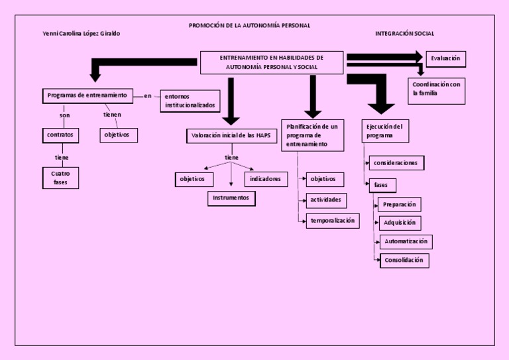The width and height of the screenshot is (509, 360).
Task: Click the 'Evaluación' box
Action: click(x=445, y=59)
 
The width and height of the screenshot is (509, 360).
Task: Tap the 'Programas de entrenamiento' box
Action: click(x=87, y=95)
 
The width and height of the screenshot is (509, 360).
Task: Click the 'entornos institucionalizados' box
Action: click(x=190, y=101)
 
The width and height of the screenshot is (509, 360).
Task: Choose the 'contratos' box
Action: click(x=60, y=135)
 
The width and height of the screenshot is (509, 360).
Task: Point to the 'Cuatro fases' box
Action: click(x=60, y=178)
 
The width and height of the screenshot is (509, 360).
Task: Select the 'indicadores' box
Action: click(x=266, y=179)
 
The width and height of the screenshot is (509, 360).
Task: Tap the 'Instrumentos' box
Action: click(x=231, y=198)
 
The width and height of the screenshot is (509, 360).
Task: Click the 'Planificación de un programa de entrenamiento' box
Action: click(x=313, y=135)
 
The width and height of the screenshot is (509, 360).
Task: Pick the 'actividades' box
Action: click(x=325, y=200)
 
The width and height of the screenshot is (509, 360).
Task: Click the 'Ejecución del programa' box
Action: click(x=386, y=131)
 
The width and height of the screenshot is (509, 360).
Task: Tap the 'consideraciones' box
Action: click(x=396, y=163)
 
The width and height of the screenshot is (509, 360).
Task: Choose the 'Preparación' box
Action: click(x=399, y=204)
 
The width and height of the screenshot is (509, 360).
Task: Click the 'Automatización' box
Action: click(x=406, y=242)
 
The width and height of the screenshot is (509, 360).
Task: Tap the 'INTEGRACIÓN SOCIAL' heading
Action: click(x=404, y=33)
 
